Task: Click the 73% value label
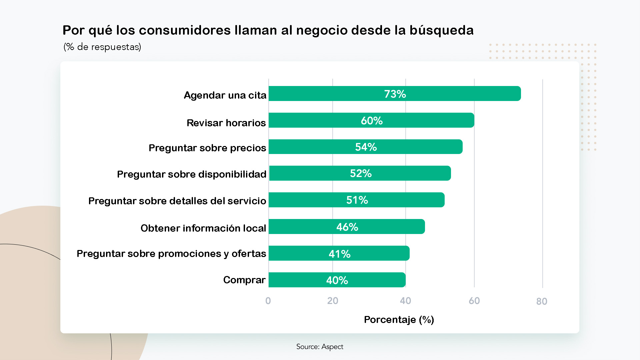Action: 395,94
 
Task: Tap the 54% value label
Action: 366,147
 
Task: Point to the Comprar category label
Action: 244,280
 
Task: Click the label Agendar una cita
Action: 225,95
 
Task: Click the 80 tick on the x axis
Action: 542,301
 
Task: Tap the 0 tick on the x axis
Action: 268,301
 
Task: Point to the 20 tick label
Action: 333,301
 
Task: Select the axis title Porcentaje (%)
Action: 399,320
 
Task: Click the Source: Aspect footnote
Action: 320,347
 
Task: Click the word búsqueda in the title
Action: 441,30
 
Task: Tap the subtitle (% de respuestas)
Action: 102,47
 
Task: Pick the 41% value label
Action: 339,254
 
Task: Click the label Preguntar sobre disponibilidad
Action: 192,174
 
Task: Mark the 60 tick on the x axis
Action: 474,301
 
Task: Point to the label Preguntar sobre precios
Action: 207,148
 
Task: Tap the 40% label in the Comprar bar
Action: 337,280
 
